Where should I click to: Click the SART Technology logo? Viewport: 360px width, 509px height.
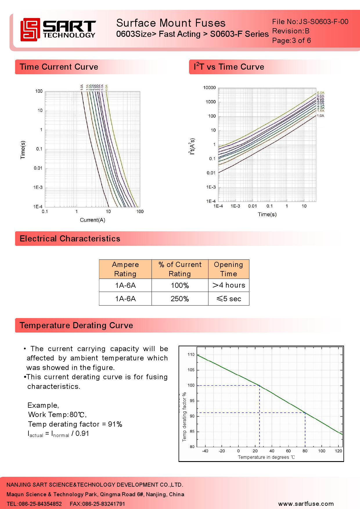coord(58,29)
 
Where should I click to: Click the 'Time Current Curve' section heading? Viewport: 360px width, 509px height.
coord(59,67)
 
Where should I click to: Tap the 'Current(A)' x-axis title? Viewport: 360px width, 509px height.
coord(93,220)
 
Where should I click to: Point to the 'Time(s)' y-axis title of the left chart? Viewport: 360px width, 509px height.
coord(23,150)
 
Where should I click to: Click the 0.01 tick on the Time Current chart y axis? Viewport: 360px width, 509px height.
coord(38,168)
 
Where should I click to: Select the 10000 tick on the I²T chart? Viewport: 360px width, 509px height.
coord(209,88)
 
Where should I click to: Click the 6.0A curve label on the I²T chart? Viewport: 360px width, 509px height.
coord(321,93)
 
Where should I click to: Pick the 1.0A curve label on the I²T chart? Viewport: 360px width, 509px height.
coord(321,116)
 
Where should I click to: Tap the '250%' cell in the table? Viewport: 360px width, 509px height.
coord(180,299)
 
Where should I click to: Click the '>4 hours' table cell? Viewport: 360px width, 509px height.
coord(229,285)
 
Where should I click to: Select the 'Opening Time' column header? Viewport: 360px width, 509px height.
coord(228,269)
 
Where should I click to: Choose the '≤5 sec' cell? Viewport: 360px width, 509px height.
coord(229,299)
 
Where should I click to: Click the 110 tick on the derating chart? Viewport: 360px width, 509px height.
coord(191,355)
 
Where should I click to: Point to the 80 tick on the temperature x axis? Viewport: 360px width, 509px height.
coord(305,451)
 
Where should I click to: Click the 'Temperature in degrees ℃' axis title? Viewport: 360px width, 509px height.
coord(266,457)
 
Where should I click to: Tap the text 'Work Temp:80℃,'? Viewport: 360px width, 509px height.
coord(57,415)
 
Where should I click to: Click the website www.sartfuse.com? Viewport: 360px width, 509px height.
coord(306,504)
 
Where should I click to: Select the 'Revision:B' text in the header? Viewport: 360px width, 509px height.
coord(291,31)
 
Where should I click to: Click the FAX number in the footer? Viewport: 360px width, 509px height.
coord(97,504)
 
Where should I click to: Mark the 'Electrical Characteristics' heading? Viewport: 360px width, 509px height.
coord(70,239)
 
